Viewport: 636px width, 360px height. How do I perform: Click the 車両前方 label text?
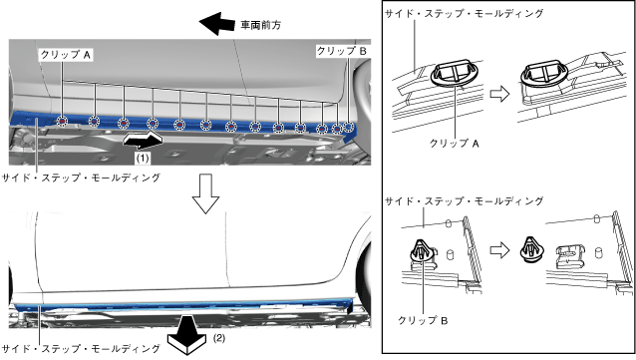point(261,25)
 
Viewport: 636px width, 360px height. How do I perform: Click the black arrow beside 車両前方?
point(217,23)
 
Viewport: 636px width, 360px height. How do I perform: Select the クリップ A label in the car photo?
point(66,55)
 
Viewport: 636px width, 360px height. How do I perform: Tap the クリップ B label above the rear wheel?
point(342,51)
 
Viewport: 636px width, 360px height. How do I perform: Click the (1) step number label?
point(142,158)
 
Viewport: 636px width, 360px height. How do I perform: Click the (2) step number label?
point(219,338)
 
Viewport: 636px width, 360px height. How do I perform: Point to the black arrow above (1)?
point(143,140)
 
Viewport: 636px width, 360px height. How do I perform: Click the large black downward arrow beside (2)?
point(187,336)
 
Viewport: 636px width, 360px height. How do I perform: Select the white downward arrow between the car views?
point(205,193)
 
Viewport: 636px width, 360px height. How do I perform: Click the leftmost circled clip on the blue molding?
point(62,121)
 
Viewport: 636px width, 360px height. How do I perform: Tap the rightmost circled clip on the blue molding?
point(349,127)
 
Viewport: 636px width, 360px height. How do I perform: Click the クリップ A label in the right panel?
point(455,144)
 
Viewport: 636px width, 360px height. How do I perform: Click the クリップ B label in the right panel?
point(423,321)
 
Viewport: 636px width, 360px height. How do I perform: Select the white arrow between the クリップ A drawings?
point(499,94)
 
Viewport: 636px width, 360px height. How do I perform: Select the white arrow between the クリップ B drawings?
point(499,250)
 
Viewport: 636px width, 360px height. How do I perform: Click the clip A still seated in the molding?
point(455,73)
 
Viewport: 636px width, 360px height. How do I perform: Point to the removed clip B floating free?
point(531,249)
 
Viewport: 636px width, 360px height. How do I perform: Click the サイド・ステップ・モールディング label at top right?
point(464,14)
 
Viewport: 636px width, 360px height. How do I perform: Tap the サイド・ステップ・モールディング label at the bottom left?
point(81,349)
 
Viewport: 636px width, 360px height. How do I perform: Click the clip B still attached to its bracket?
point(423,252)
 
